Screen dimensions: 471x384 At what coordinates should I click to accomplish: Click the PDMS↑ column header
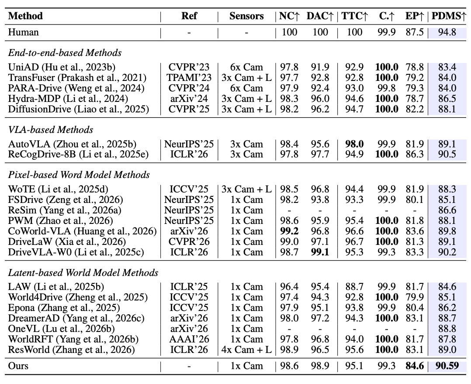449,16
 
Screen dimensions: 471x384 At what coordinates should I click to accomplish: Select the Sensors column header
246,16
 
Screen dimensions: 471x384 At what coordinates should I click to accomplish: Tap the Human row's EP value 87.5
415,32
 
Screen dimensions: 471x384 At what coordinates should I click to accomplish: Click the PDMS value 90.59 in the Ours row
447,366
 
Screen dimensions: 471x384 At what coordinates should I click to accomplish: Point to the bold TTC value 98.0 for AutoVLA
354,144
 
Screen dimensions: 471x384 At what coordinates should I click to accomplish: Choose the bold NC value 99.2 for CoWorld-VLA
289,231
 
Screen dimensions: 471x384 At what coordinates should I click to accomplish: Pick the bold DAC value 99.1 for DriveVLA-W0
320,252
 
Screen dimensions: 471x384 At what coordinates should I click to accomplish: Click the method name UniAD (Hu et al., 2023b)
62,67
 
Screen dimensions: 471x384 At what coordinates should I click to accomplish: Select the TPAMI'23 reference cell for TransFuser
189,77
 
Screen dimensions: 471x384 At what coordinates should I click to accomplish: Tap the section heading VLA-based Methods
51,129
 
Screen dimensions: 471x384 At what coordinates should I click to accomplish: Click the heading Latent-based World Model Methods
83,273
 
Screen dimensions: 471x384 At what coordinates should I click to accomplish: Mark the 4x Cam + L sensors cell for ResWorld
246,350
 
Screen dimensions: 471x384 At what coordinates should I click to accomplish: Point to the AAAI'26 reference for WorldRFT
189,339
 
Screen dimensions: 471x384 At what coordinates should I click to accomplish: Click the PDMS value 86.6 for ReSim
447,210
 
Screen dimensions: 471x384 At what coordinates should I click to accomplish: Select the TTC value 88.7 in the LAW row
354,287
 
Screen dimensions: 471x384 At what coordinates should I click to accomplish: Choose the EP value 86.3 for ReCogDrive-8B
415,154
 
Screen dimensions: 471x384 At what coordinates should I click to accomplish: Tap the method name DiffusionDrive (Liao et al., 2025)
78,109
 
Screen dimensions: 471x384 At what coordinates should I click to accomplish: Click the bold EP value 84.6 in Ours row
415,366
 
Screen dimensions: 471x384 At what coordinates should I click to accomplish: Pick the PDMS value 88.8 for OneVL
447,328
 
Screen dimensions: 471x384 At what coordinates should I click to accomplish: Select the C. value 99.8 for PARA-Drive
387,88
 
